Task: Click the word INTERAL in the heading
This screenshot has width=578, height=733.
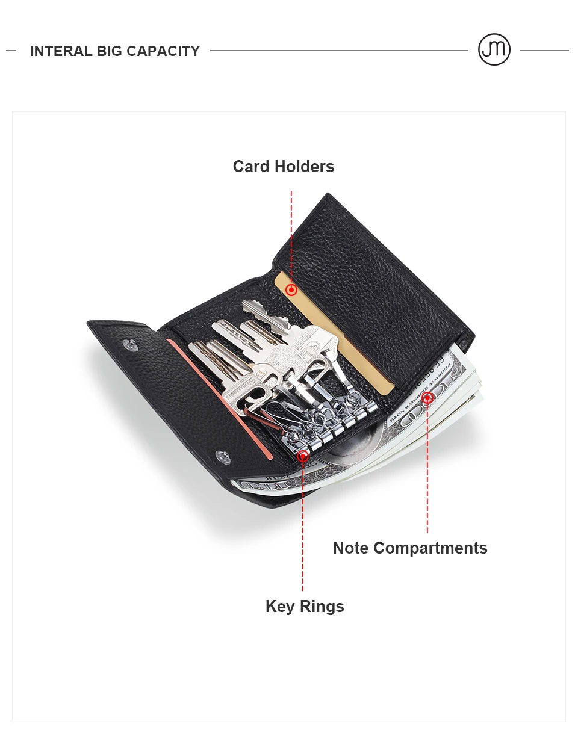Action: coord(61,51)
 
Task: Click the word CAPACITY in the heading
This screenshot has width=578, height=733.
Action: coord(163,51)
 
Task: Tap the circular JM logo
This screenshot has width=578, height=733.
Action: coord(494,49)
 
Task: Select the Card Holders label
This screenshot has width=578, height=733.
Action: coord(284,167)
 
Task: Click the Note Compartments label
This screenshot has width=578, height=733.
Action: coord(410,548)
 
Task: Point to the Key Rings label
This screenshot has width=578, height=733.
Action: coord(305,607)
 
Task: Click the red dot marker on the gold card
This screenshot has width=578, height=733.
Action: coord(291,290)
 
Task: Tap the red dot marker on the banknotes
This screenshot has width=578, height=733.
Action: coord(427,398)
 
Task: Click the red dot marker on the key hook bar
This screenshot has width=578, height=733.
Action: coord(303,456)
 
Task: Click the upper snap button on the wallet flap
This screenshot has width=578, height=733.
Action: coord(131,345)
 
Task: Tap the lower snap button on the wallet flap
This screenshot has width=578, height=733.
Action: coord(223,457)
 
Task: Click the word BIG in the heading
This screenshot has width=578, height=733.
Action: coord(110,51)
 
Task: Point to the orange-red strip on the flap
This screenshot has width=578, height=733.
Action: coord(220,399)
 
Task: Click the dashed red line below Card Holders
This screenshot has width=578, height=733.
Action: coord(291,237)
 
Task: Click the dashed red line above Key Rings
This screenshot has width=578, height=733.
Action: coord(303,526)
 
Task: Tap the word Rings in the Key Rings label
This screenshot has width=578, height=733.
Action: coord(322,607)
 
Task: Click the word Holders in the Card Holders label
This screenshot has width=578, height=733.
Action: coord(304,167)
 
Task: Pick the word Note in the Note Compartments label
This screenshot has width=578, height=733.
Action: coord(350,548)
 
